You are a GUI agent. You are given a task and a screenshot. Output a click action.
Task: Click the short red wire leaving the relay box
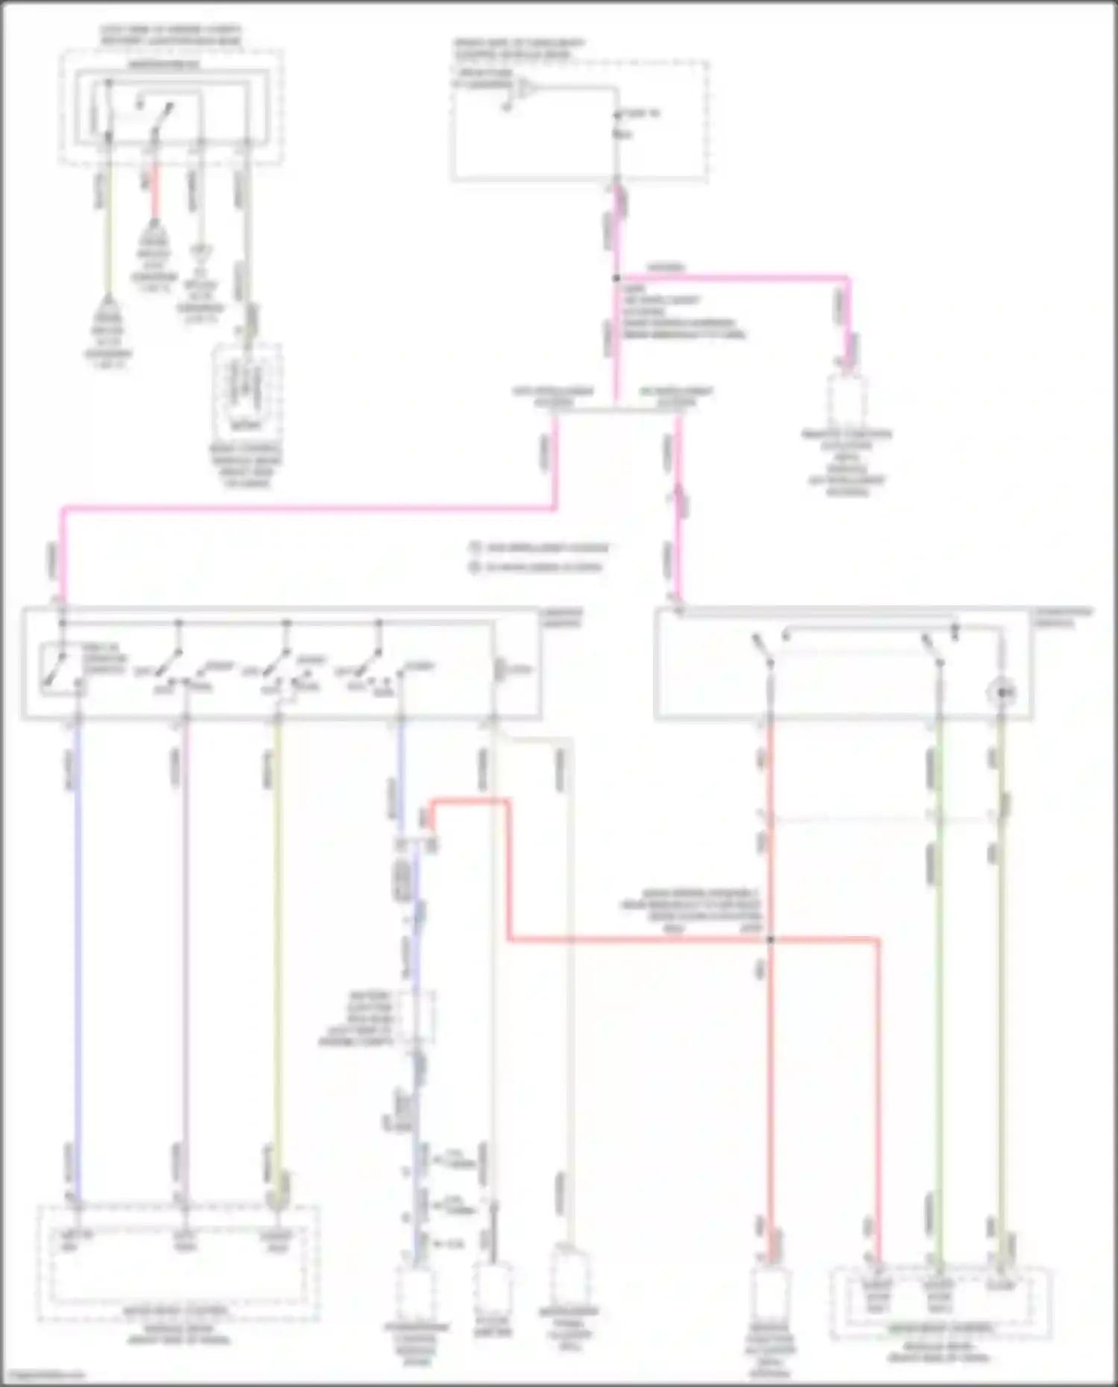coord(155,195)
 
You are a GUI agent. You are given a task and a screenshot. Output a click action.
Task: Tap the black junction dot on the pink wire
coord(616,278)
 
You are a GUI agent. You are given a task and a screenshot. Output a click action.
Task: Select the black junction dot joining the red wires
coord(771,940)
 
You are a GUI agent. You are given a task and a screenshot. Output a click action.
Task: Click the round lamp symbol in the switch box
coord(1001,693)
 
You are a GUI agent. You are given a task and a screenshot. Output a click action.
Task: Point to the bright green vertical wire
coord(939,969)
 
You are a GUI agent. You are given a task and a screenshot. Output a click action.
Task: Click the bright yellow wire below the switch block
coord(277,932)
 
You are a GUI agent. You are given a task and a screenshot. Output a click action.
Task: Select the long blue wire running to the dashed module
coord(77,932)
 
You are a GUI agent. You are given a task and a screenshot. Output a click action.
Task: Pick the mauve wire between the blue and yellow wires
coord(185,932)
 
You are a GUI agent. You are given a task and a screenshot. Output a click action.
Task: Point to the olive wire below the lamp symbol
coord(1002,969)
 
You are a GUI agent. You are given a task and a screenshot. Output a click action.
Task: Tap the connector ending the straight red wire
coord(771,1295)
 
